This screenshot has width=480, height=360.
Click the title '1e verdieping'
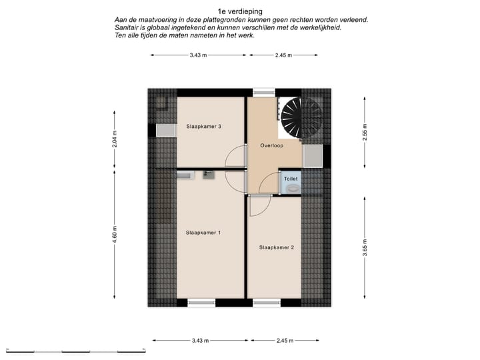[240, 11]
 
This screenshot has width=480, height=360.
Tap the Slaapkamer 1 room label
[203, 233]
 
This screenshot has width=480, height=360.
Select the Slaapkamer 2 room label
[277, 247]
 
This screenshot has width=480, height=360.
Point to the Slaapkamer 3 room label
[203, 127]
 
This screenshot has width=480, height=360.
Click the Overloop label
[271, 145]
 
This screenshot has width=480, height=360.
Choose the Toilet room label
[291, 179]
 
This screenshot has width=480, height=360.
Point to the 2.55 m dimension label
[364, 133]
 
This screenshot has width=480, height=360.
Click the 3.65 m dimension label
[364, 247]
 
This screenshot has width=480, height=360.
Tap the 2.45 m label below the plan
[283, 341]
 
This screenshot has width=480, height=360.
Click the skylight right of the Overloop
[312, 155]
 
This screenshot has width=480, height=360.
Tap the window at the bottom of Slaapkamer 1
[201, 303]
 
